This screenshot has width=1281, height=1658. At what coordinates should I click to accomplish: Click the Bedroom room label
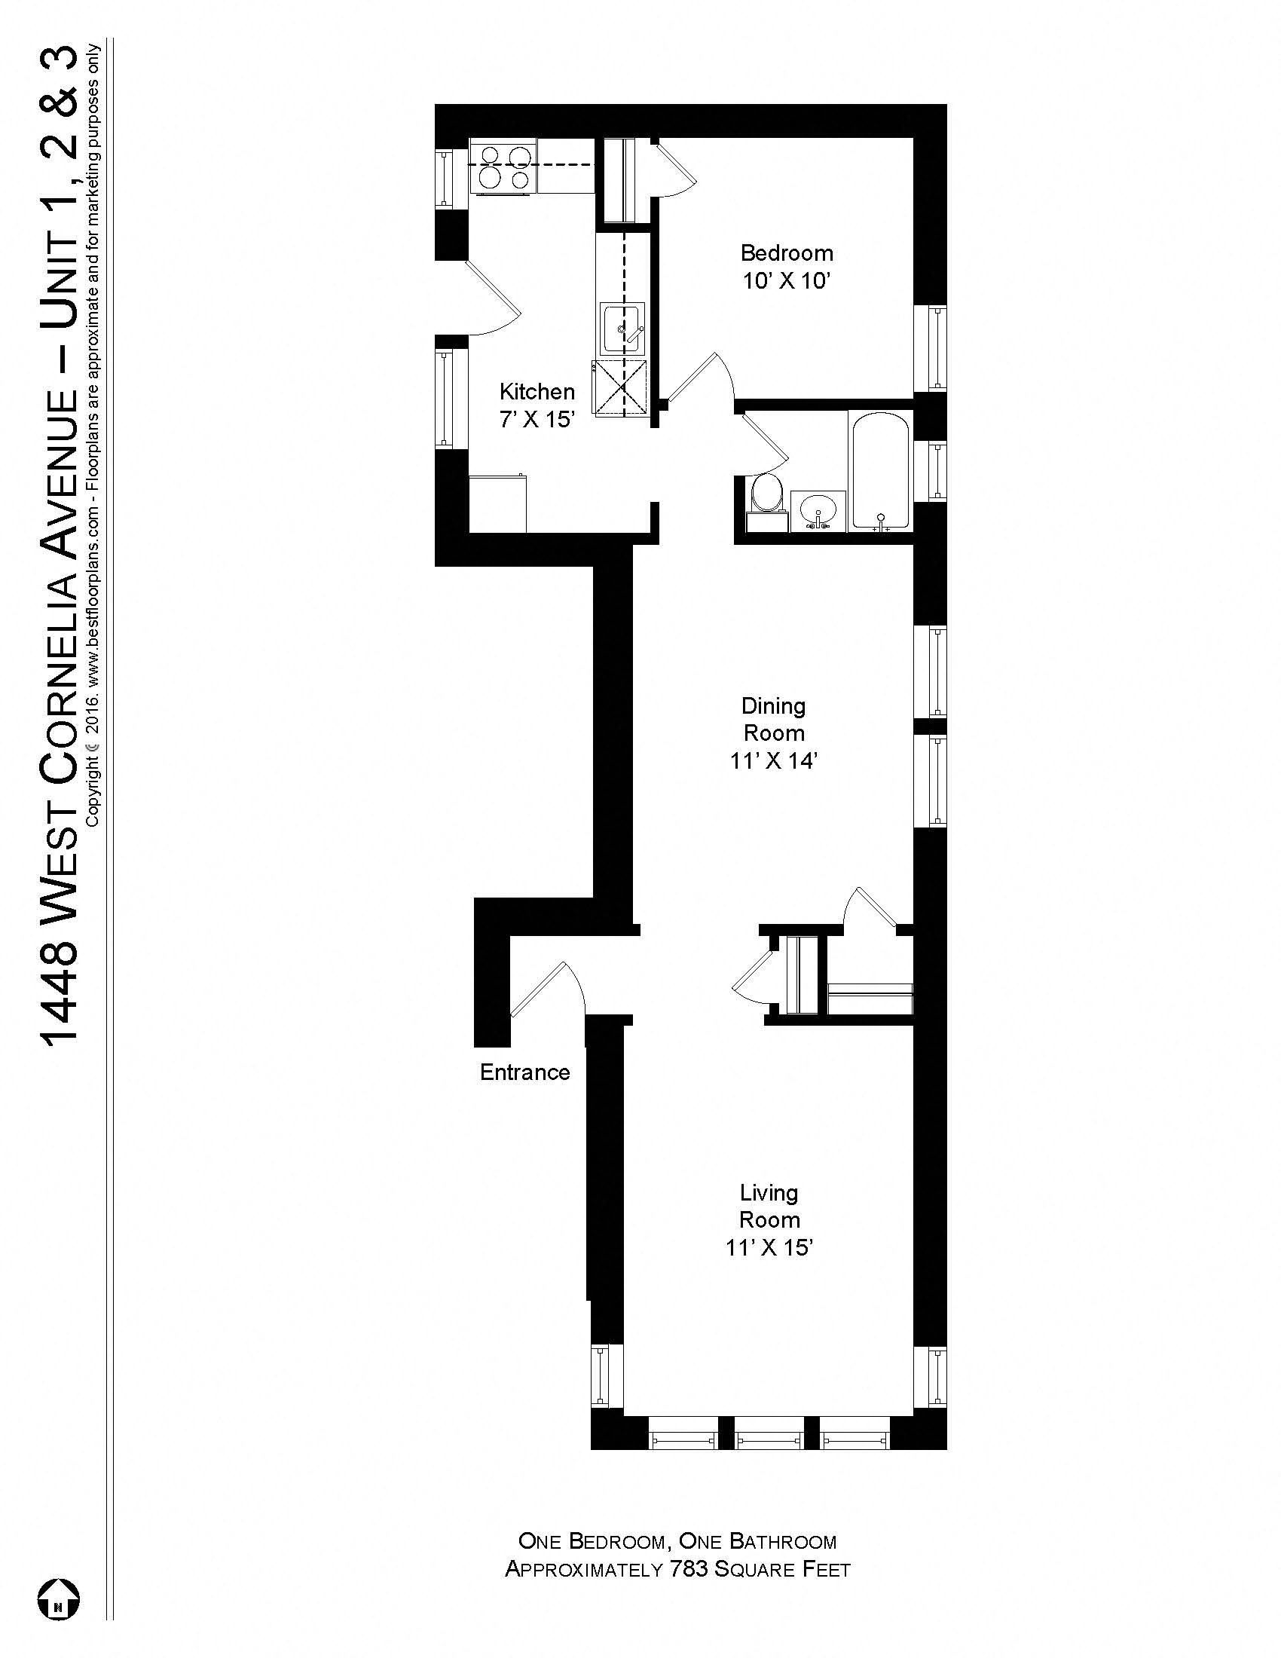tap(786, 252)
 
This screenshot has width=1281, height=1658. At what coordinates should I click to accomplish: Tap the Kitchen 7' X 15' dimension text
tap(537, 419)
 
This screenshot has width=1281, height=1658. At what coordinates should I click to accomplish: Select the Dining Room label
tap(773, 720)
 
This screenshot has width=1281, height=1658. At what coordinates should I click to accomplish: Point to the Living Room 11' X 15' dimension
tap(769, 1247)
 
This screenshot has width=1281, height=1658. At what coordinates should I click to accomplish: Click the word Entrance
tap(524, 1072)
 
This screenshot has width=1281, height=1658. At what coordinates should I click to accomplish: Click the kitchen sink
tap(622, 328)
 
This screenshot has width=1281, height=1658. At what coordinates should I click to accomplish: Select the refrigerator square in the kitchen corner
tap(498, 504)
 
